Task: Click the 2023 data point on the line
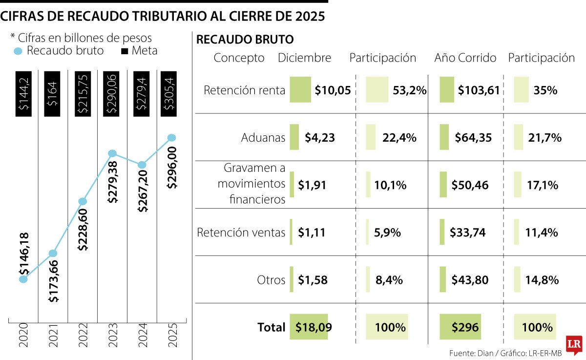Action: point(112,154)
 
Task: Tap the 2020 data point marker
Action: point(23,279)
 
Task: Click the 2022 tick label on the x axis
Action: point(83,336)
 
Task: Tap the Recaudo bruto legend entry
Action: point(59,50)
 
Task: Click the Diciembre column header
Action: point(304,58)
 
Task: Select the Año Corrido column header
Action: point(465,58)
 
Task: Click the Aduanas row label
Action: point(263,138)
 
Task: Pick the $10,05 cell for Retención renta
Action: point(333,90)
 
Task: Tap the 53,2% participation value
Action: point(409,90)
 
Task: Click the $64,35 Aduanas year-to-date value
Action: point(473,138)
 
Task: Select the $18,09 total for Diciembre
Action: point(314,327)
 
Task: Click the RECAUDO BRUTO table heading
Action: point(245,40)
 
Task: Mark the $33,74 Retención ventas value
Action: point(469,233)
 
